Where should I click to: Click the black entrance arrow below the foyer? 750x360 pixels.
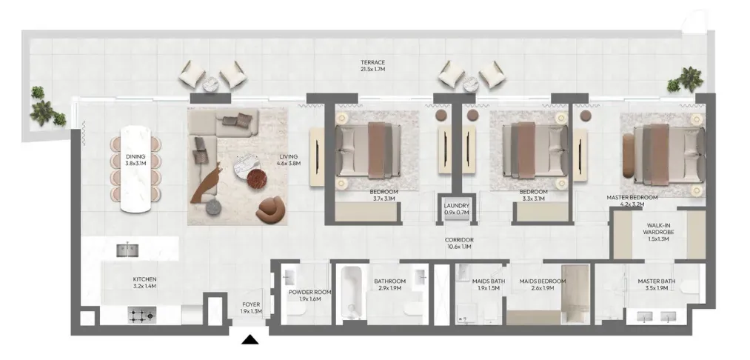pyautogui.click(x=250, y=340)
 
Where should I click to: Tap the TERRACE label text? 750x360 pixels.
pyautogui.click(x=372, y=62)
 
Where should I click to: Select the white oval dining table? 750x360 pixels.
pyautogui.click(x=135, y=169)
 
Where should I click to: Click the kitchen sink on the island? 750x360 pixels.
pyautogui.click(x=127, y=250)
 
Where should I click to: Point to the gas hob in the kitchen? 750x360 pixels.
pyautogui.click(x=142, y=315)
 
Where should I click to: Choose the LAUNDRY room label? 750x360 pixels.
pyautogui.click(x=456, y=206)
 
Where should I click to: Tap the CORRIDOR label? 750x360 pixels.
pyautogui.click(x=459, y=240)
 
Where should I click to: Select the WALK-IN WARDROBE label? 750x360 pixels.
pyautogui.click(x=660, y=229)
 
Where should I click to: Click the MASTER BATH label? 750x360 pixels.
pyautogui.click(x=656, y=281)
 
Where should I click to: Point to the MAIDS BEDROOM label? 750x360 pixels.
pyautogui.click(x=543, y=281)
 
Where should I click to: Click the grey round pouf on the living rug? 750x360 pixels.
pyautogui.click(x=214, y=207)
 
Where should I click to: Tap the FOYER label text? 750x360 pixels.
pyautogui.click(x=251, y=304)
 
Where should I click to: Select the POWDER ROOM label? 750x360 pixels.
pyautogui.click(x=309, y=292)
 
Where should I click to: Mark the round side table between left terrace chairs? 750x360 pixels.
pyautogui.click(x=212, y=84)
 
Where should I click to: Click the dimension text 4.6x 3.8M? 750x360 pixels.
pyautogui.click(x=289, y=163)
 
